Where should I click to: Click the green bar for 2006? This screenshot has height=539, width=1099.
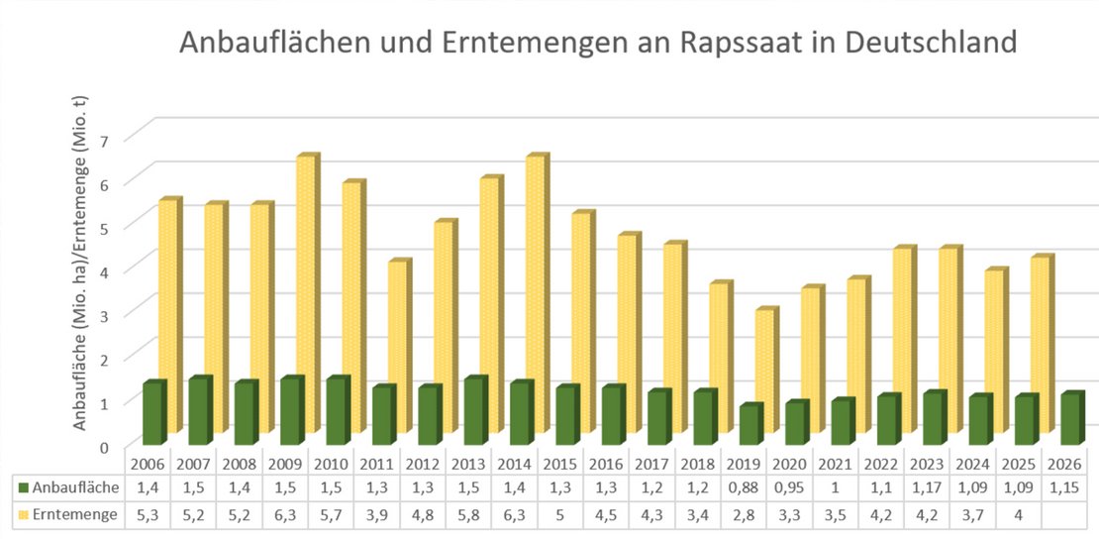click(x=152, y=412)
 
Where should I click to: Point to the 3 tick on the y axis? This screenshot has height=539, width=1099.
click(x=132, y=313)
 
